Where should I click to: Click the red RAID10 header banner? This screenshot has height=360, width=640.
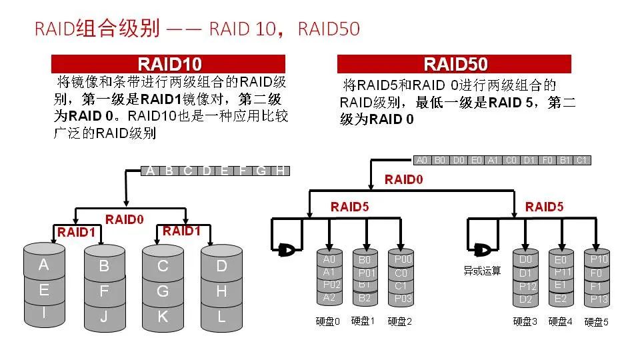pyautogui.click(x=169, y=64)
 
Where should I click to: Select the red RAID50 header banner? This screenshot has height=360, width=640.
pyautogui.click(x=454, y=64)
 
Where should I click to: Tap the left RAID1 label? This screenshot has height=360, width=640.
pyautogui.click(x=77, y=232)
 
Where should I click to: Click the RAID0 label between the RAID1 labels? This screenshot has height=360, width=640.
pyautogui.click(x=125, y=219)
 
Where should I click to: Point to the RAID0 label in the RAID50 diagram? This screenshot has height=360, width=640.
pyautogui.click(x=403, y=179)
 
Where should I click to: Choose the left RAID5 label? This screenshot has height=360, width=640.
pyautogui.click(x=349, y=207)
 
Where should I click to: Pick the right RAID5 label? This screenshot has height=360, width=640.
pyautogui.click(x=544, y=207)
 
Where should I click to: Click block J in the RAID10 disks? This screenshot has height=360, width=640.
pyautogui.click(x=104, y=317)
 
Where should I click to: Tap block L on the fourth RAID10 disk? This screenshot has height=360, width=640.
pyautogui.click(x=221, y=317)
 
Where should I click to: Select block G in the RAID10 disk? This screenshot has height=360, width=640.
pyautogui.click(x=163, y=291)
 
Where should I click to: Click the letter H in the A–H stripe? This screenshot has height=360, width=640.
pyautogui.click(x=281, y=171)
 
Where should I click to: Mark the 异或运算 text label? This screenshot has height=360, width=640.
pyautogui.click(x=482, y=271)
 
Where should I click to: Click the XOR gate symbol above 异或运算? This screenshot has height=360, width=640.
pyautogui.click(x=482, y=250)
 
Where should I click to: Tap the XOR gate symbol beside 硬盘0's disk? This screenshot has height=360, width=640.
pyautogui.click(x=287, y=250)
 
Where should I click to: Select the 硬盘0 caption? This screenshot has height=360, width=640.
pyautogui.click(x=327, y=321)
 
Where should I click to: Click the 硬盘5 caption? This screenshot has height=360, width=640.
pyautogui.click(x=596, y=322)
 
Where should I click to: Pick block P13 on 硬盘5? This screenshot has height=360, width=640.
pyautogui.click(x=599, y=299)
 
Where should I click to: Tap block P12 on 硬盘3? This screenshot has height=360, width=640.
pyautogui.click(x=525, y=286)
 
